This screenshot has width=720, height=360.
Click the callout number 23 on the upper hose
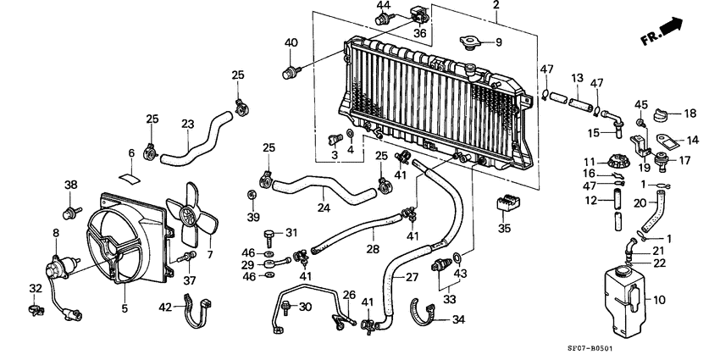pos(189,124)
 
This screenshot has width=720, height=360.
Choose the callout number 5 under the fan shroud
pos(125,309)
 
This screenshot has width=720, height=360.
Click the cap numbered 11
pos(615,161)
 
